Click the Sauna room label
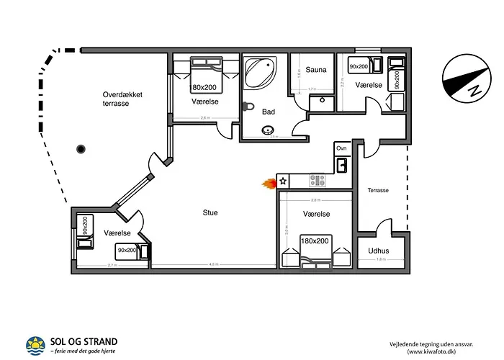click(316, 70)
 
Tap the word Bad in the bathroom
click(269, 112)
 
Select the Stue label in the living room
click(210, 212)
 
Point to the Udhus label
click(379, 251)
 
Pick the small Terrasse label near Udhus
click(378, 191)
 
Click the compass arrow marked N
click(461, 79)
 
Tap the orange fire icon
click(269, 183)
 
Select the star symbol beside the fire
click(283, 181)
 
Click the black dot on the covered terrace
click(81, 149)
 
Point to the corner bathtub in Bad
click(260, 73)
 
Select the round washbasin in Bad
click(269, 131)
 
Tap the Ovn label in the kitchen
click(341, 148)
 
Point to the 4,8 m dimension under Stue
click(214, 265)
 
